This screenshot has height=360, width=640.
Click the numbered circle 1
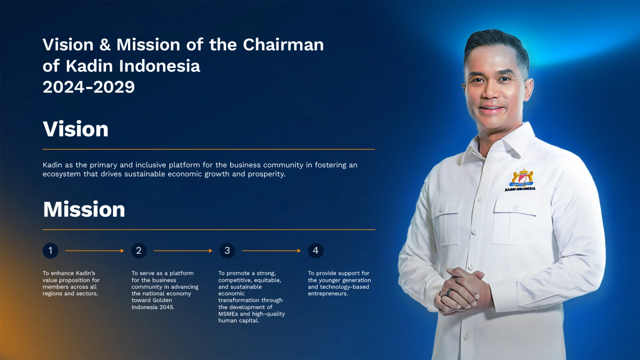pyautogui.click(x=50, y=251)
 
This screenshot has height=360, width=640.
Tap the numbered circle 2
pyautogui.click(x=139, y=251)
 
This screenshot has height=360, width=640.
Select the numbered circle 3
pyautogui.click(x=227, y=251)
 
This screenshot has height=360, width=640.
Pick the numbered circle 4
pyautogui.click(x=316, y=251)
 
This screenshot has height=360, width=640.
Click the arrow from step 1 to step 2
pyautogui.click(x=95, y=251)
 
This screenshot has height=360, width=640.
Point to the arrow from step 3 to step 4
pyautogui.click(x=271, y=251)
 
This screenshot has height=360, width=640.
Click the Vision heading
pyautogui.click(x=75, y=129)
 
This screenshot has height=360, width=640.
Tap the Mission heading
pyautogui.click(x=84, y=209)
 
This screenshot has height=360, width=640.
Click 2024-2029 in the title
pyautogui.click(x=89, y=87)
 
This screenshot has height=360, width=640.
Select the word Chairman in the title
pyautogui.click(x=283, y=44)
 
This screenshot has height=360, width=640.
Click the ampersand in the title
pyautogui.click(x=105, y=45)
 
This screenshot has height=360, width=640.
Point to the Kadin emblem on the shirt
pyautogui.click(x=521, y=180)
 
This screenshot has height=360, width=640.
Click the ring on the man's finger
pyautogui.click(x=448, y=292)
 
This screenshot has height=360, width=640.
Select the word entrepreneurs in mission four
pyautogui.click(x=327, y=294)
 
